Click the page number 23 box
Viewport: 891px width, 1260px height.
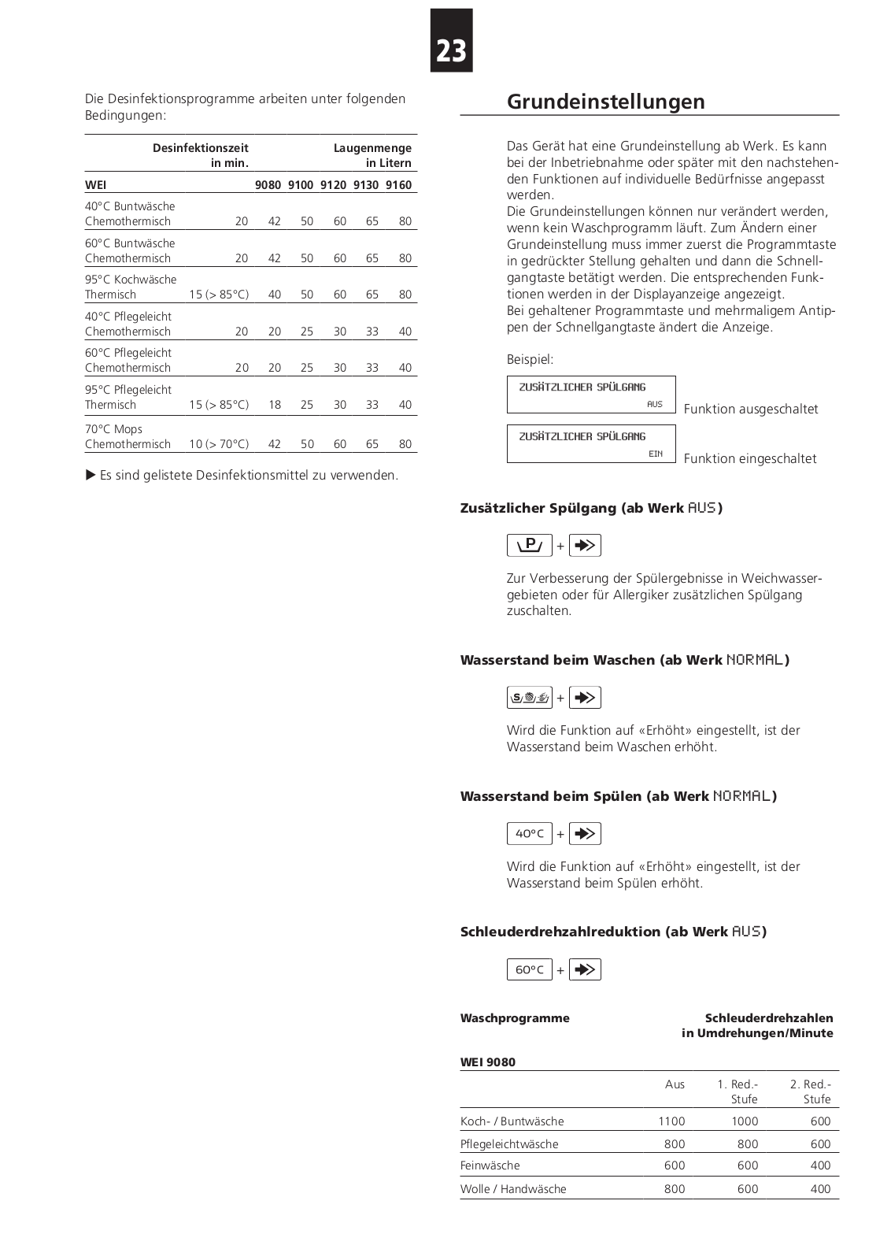451,41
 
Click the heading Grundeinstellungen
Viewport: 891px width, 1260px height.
605,102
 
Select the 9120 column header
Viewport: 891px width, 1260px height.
333,185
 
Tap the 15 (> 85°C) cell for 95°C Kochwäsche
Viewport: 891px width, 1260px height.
219,295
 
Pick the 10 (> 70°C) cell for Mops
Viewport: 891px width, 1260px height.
219,444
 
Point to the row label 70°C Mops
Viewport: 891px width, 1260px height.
113,429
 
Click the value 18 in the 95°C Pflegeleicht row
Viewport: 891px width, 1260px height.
275,405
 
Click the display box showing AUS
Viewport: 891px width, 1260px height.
591,395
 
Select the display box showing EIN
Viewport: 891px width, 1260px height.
591,444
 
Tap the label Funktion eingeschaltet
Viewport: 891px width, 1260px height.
749,458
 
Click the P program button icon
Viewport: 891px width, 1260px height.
530,545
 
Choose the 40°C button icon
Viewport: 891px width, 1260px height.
530,833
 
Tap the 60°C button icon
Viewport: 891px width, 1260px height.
530,969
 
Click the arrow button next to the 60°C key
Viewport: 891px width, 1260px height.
585,969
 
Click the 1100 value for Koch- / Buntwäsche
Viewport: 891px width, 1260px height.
671,1121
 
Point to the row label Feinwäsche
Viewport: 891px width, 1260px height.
490,1165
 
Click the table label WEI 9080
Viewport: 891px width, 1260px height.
488,1062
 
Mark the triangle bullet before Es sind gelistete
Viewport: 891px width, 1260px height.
91,475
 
